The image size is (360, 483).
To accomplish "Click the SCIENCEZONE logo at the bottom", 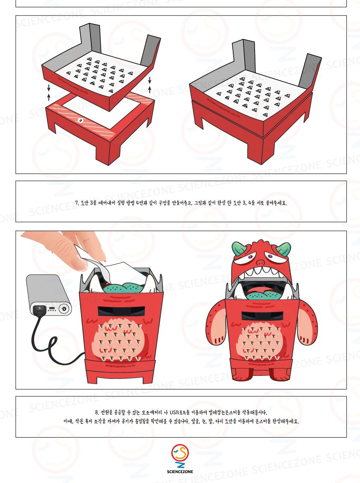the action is pyautogui.click(x=180, y=459).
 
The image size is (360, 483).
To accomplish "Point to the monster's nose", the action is pyautogui.click(x=261, y=262).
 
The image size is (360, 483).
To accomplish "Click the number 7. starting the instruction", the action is pyautogui.click(x=77, y=203).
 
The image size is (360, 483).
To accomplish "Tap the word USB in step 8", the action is pyautogui.click(x=174, y=412).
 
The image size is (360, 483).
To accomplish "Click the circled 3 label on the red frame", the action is pyautogui.click(x=81, y=121).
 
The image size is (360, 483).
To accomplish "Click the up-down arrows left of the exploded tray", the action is pyautogui.click(x=49, y=93).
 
